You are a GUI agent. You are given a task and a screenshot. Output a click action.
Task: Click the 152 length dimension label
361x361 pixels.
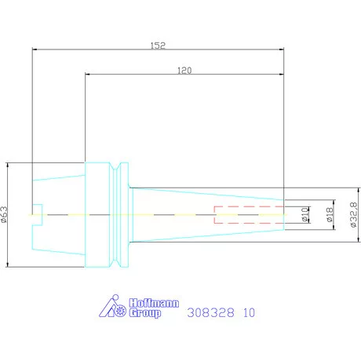click(x=158, y=46)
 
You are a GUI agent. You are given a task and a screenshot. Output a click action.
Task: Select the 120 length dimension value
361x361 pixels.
click(x=184, y=71)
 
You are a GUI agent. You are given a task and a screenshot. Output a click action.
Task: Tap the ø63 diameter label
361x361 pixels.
click(x=4, y=214)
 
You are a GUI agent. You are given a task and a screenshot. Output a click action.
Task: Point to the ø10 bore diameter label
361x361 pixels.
click(x=305, y=215)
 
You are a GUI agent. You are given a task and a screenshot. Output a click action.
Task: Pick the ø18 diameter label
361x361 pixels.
click(x=330, y=214)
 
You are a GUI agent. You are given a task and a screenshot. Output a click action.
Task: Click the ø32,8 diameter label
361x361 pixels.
click(x=353, y=214)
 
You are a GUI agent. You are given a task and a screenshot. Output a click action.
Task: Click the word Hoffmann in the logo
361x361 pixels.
click(x=154, y=303)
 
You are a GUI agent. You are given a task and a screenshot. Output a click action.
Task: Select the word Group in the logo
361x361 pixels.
click(x=145, y=313)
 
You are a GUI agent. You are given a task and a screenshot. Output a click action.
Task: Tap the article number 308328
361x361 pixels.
click(x=210, y=312)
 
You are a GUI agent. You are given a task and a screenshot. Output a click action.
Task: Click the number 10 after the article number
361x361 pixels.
click(x=249, y=312)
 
